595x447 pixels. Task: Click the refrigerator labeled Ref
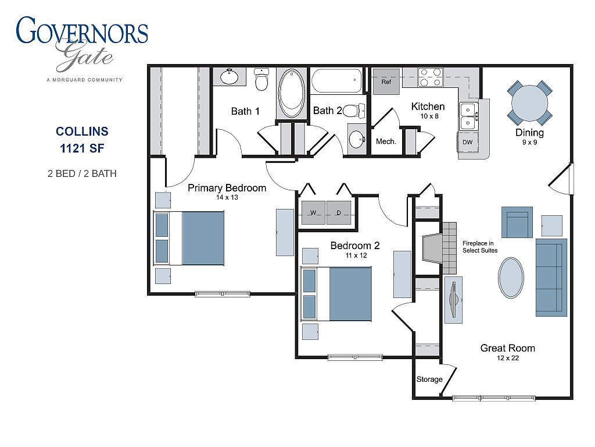tap(386, 81)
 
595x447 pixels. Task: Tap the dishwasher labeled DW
tap(468, 142)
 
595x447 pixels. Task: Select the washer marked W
tap(313, 212)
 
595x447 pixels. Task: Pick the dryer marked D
tap(339, 212)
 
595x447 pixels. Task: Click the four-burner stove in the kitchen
tap(431, 77)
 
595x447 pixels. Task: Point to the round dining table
tap(530, 103)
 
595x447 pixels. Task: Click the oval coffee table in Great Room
tap(511, 278)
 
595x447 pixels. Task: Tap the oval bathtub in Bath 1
tap(292, 93)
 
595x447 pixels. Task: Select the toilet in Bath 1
tap(261, 79)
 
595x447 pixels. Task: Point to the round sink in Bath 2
tap(357, 139)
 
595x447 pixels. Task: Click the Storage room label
tap(429, 379)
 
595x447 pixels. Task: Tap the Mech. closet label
tap(386, 141)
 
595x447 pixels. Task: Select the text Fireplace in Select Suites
tap(479, 247)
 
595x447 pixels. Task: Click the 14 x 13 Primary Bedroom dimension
tap(227, 197)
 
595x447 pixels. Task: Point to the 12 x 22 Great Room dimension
tap(508, 358)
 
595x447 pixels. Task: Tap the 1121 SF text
tap(82, 148)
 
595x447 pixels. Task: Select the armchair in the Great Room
tap(517, 222)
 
